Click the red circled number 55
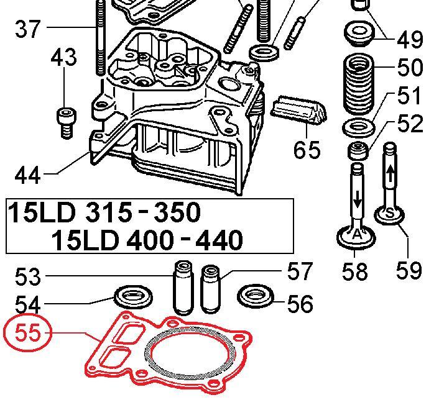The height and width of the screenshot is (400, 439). point(27,333)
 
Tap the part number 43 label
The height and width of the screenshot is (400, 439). point(63,57)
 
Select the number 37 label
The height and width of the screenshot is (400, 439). point(27,29)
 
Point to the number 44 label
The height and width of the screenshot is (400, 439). point(27,175)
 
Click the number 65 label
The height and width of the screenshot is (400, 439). point(307,150)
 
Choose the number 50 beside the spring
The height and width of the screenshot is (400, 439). point(409,68)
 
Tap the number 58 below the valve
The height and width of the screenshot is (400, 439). point(355,271)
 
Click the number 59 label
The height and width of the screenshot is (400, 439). point(409,271)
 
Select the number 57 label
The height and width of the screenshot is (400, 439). point(300,271)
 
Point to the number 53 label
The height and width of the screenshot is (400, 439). point(27,276)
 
